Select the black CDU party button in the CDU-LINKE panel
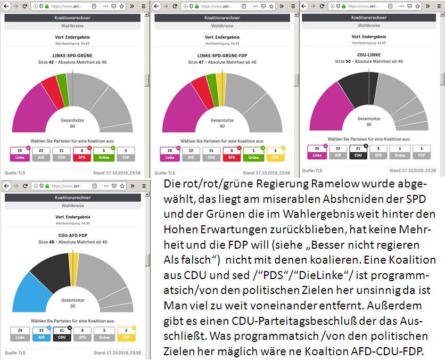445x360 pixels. (x=358, y=152)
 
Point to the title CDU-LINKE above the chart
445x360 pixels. (x=369, y=54)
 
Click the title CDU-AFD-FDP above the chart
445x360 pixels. (x=73, y=235)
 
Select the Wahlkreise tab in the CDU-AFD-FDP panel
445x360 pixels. (x=73, y=205)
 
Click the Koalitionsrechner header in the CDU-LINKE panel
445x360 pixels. (x=369, y=18)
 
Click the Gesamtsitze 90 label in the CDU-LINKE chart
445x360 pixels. (x=369, y=121)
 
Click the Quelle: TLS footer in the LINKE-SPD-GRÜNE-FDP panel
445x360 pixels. (x=164, y=173)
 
